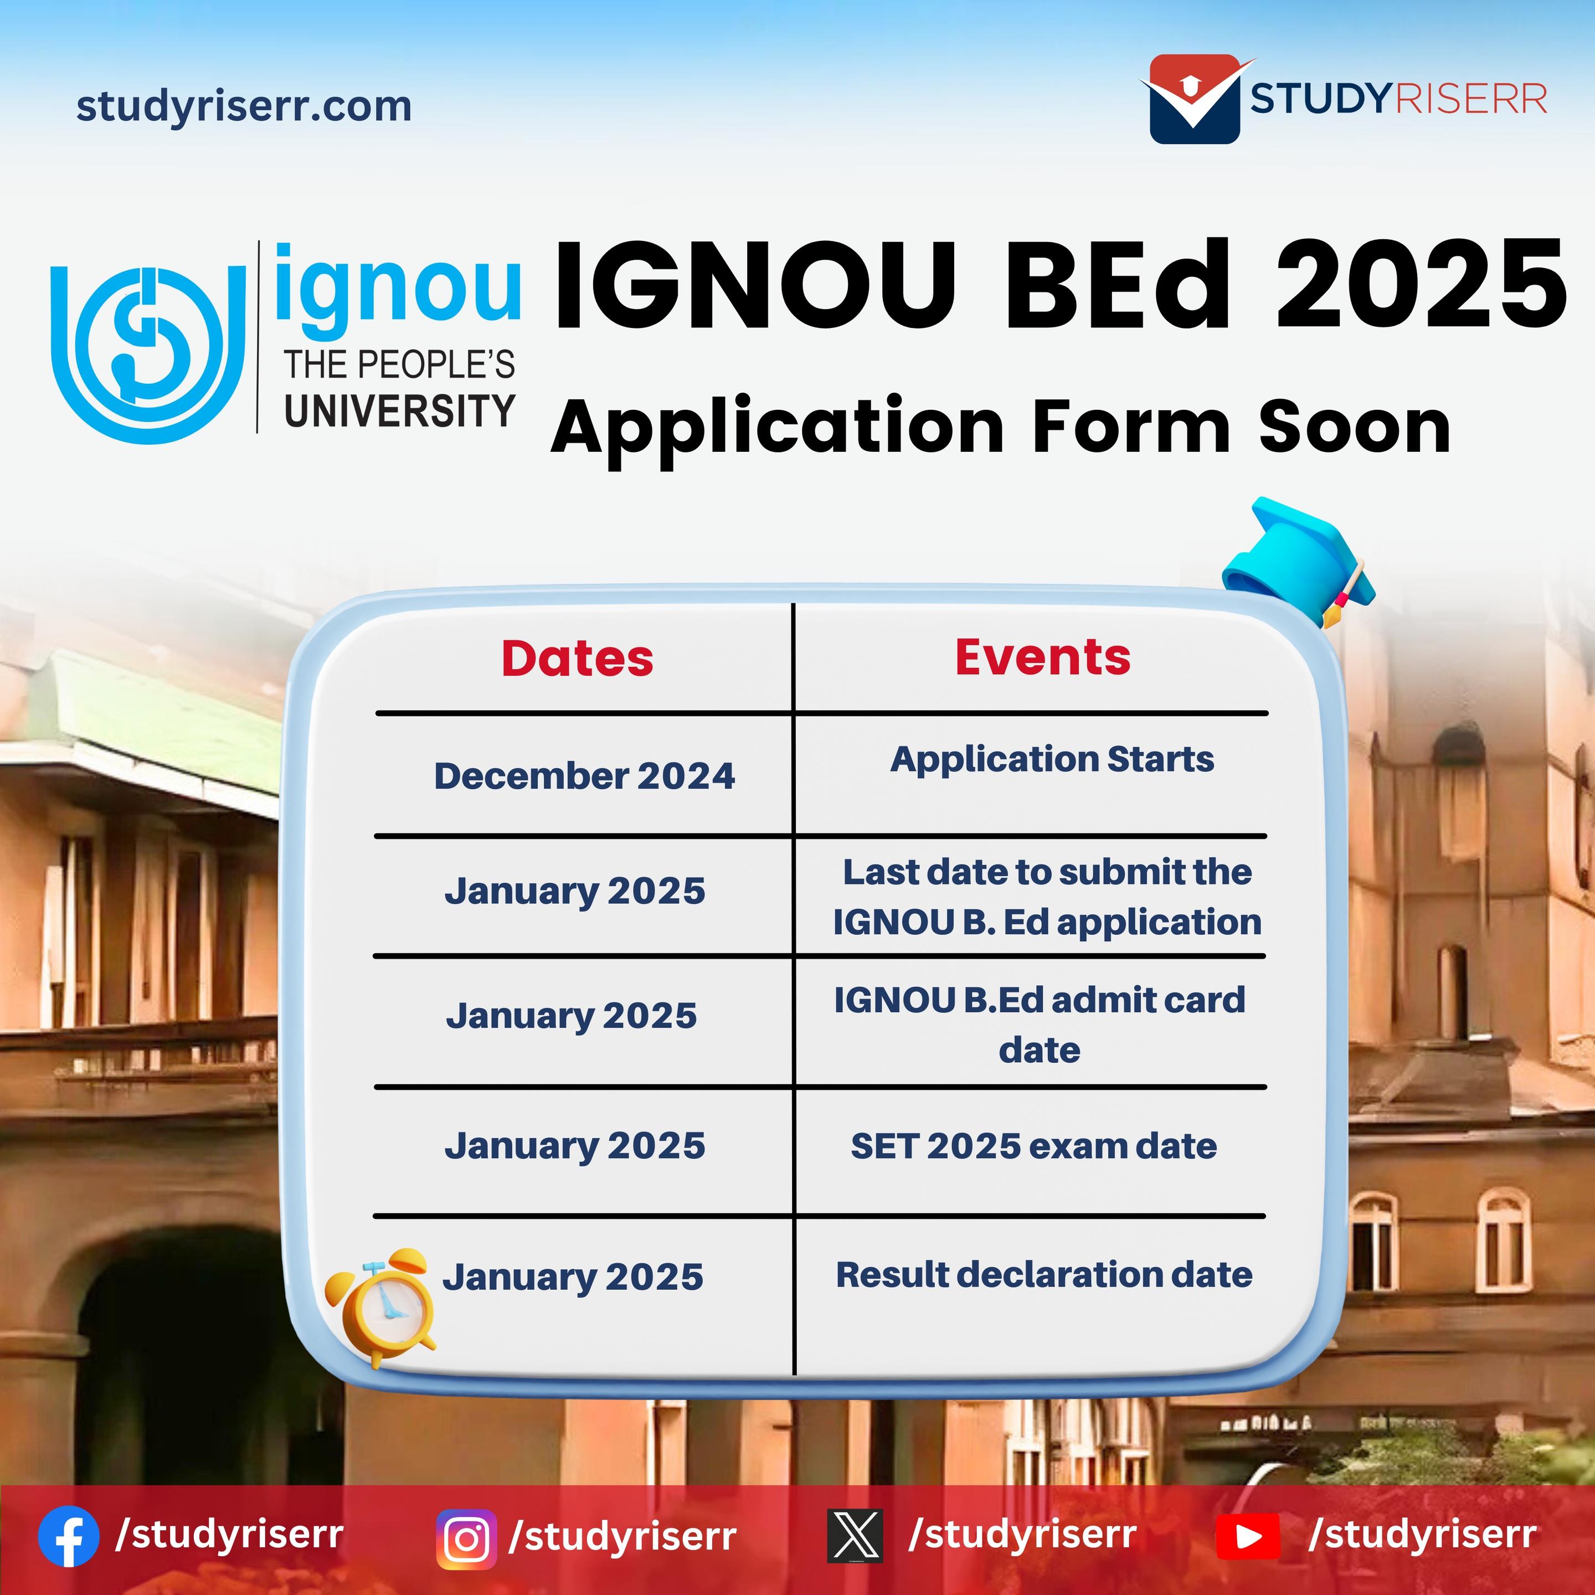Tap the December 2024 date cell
click(x=584, y=776)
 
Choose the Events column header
click(x=1043, y=657)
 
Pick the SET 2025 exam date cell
click(x=1033, y=1146)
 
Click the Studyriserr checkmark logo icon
click(x=1196, y=99)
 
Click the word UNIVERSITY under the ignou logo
click(x=399, y=411)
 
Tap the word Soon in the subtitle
click(x=1354, y=427)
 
